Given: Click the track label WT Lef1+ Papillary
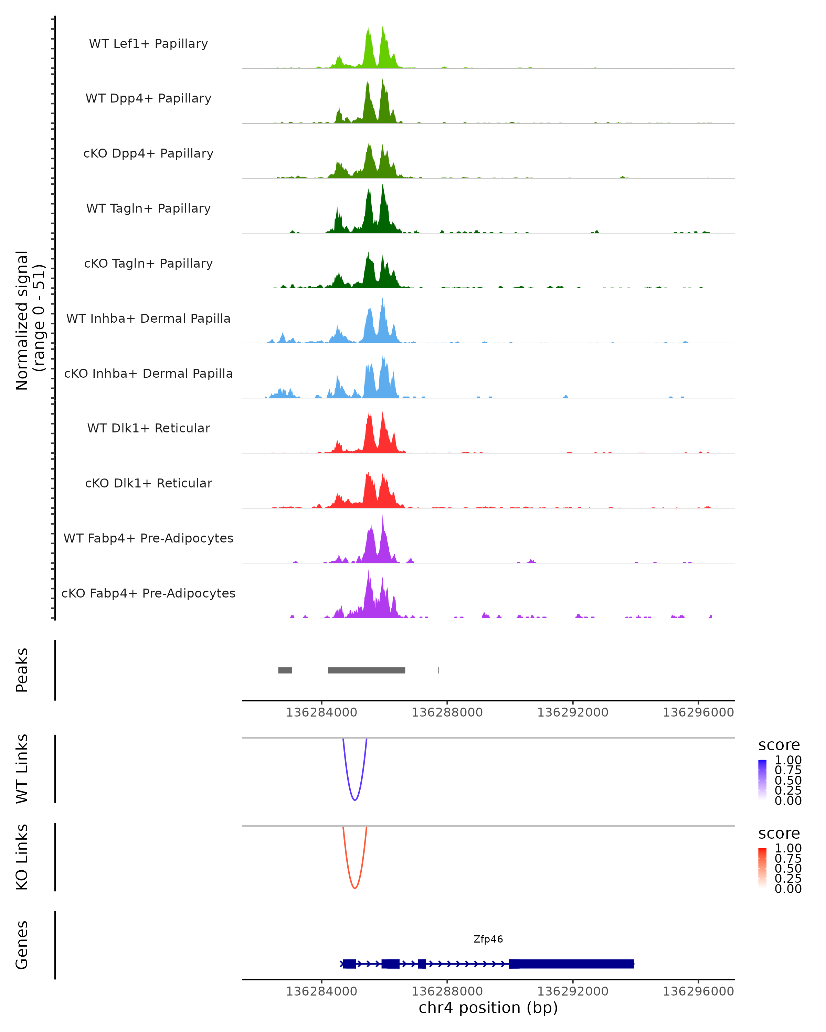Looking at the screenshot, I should coord(148,44).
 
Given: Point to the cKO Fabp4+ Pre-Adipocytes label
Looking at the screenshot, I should coord(148,593).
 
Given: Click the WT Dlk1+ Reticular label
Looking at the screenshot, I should coord(148,428).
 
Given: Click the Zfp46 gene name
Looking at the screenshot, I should coord(488,939).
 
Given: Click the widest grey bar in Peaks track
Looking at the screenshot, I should coord(366,670).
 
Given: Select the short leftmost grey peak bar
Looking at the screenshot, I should coord(285,670).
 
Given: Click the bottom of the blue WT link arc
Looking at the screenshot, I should coord(354,800).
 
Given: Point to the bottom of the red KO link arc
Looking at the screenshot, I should coord(354,888).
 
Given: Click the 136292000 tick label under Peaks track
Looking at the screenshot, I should coord(572,712).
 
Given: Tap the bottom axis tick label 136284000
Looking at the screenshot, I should coord(321,991).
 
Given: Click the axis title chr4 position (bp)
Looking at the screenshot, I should coord(488,1008).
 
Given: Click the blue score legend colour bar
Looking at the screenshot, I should coord(762,779).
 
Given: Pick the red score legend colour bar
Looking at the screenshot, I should coord(762,867).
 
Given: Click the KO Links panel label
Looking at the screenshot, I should coord(22,857).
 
